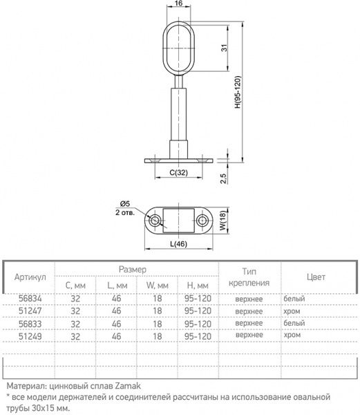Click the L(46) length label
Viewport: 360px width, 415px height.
pos(178,244)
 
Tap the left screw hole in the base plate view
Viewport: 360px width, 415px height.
pos(155,221)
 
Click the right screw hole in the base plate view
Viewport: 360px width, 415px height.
pos(202,221)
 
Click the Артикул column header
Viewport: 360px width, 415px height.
pos(30,277)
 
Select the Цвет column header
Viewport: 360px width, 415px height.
pos(316,277)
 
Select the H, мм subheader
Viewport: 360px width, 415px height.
pos(197,285)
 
